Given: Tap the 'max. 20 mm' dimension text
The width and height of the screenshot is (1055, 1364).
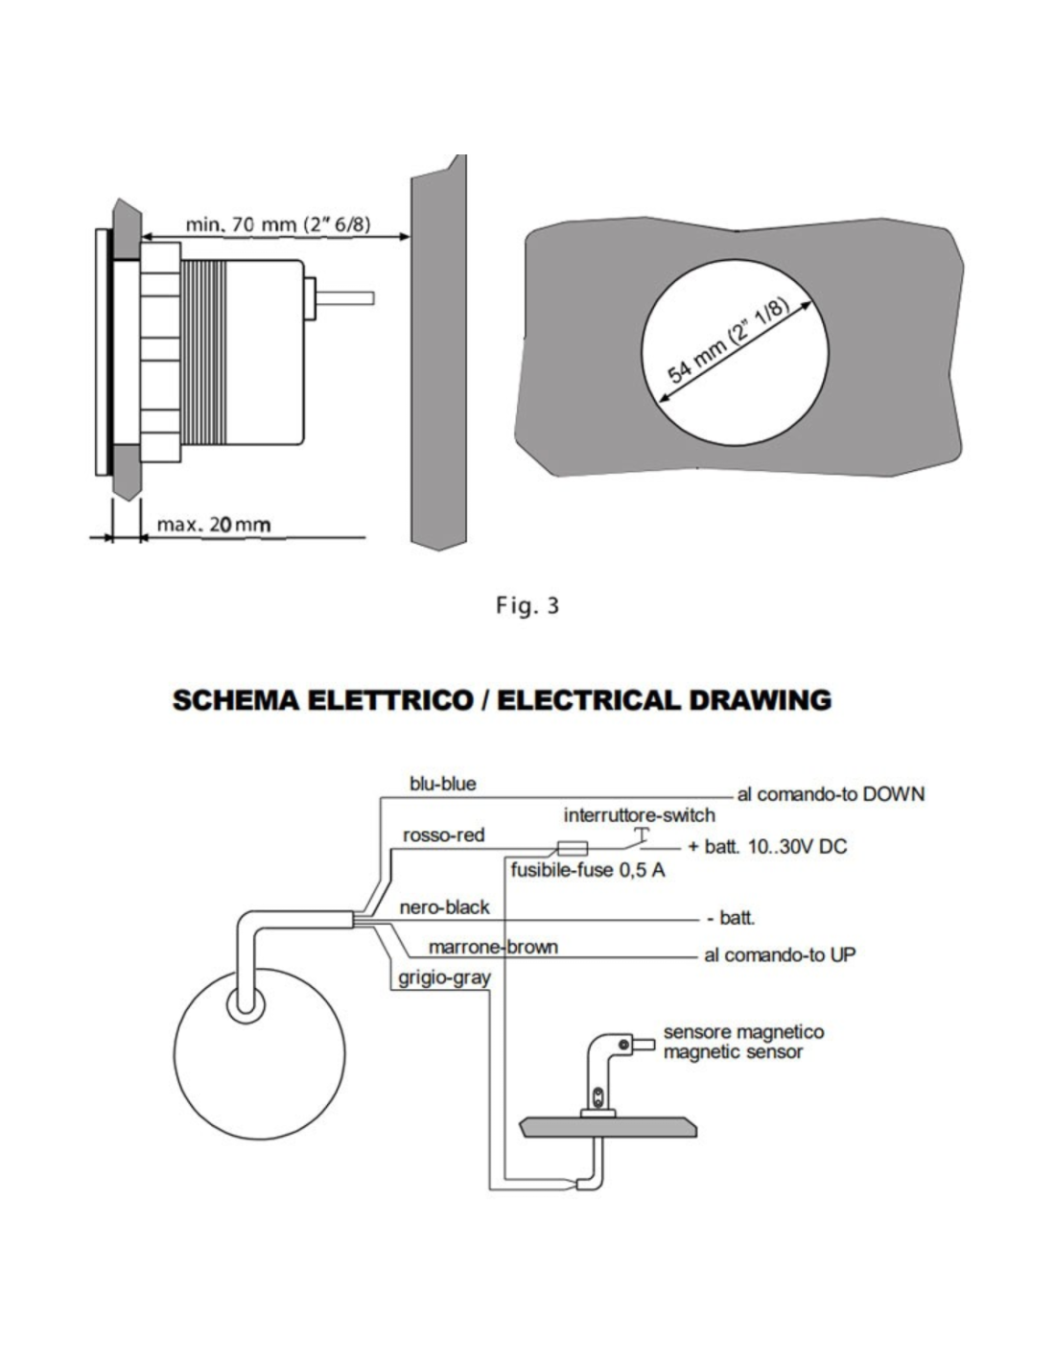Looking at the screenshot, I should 213,525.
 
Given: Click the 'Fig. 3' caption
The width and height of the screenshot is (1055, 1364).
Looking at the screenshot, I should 527,605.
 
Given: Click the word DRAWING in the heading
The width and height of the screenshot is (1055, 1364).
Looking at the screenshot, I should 759,700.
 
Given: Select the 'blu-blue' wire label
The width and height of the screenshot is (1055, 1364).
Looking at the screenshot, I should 442,784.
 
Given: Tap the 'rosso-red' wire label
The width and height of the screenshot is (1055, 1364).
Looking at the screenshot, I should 443,835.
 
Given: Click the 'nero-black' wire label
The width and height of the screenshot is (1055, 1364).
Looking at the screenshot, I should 444,906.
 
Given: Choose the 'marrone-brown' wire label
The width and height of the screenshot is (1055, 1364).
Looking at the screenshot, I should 493,948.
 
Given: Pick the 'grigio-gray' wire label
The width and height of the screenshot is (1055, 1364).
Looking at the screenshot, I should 445,978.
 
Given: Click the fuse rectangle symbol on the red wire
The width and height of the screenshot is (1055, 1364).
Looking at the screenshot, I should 572,848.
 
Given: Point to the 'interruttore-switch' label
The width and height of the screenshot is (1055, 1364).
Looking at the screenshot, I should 639,815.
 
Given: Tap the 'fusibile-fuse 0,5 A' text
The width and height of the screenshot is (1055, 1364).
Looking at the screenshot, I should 588,871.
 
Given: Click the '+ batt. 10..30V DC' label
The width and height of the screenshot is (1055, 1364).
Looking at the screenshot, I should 767,848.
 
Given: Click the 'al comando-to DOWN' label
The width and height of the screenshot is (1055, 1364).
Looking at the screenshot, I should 831,794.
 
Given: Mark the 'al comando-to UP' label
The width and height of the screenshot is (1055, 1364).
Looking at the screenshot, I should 780,955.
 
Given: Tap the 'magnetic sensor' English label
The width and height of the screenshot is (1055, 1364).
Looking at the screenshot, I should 733,1052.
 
